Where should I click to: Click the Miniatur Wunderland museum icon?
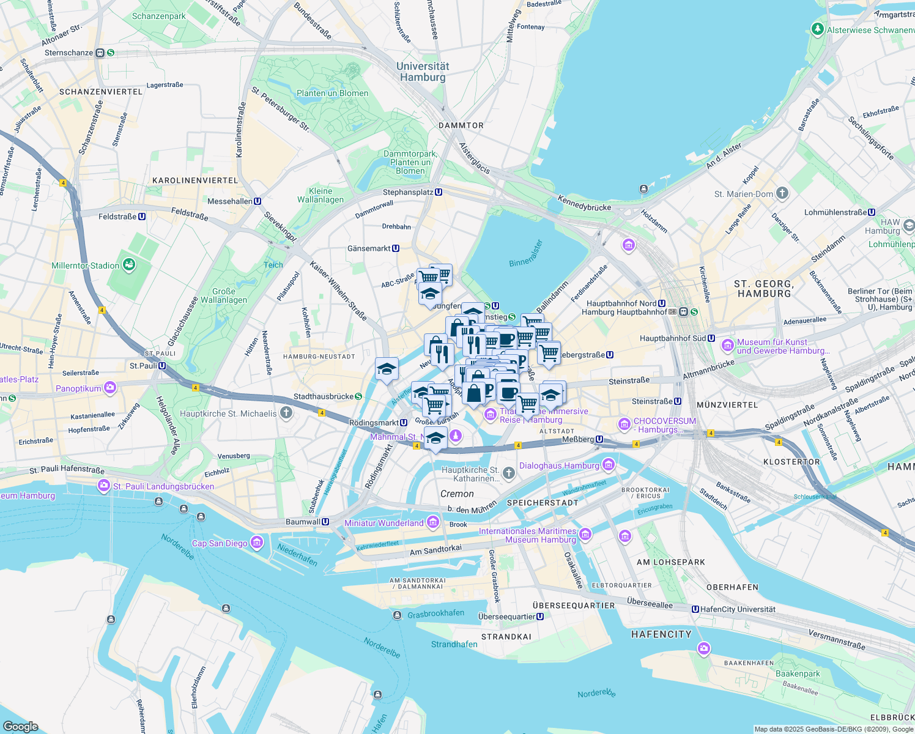tap(433, 522)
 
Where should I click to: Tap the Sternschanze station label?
tap(69, 53)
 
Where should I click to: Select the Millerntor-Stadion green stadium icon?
tap(128, 265)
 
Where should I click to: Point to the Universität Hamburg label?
tap(423, 72)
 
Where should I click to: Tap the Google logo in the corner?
tap(20, 726)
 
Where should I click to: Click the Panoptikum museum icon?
tap(110, 388)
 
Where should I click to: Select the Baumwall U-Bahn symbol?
tap(325, 522)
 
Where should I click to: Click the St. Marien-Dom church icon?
tap(782, 193)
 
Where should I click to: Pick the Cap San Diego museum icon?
tap(256, 543)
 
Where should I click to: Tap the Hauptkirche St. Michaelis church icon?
tap(286, 413)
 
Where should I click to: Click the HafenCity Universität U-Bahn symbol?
tap(695, 609)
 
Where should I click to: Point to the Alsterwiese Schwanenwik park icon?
tap(817, 29)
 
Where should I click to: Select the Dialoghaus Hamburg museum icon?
tap(608, 465)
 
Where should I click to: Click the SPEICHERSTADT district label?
tap(543, 503)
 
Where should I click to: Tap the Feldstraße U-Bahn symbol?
tap(142, 217)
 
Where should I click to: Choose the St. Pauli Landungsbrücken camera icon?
tap(104, 486)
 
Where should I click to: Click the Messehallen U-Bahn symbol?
tap(257, 201)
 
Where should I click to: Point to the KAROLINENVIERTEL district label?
tap(194, 180)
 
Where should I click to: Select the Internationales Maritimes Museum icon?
tap(585, 535)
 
